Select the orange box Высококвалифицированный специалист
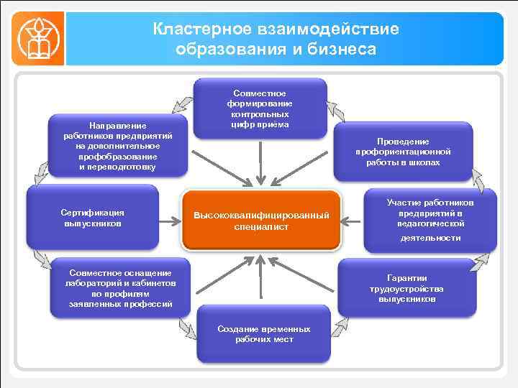[261, 221]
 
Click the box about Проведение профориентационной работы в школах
[402, 152]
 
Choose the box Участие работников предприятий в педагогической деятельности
[430, 220]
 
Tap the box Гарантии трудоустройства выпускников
[406, 288]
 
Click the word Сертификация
[93, 213]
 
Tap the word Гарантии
[407, 277]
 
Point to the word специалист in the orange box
[261, 226]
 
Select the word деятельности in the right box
[430, 237]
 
